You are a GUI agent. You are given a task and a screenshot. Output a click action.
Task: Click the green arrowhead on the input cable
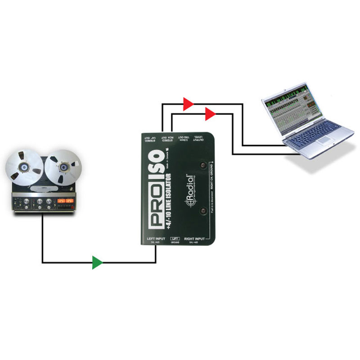point(97,262)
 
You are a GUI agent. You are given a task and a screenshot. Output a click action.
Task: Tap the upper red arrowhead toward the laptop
point(188,104)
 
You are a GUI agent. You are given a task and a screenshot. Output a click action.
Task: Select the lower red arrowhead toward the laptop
point(210,114)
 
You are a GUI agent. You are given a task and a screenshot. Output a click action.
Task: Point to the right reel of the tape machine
point(62,167)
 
